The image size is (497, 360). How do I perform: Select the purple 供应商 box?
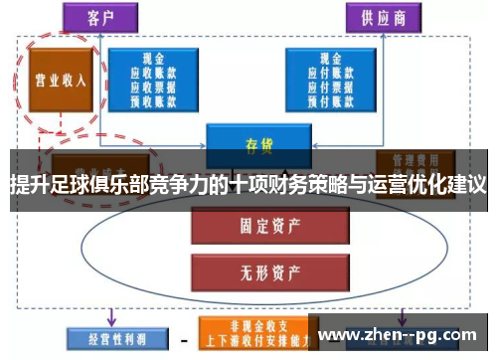coord(382,17)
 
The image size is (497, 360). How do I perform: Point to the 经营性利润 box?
coord(104,337)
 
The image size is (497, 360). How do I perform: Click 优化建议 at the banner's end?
coord(452,185)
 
